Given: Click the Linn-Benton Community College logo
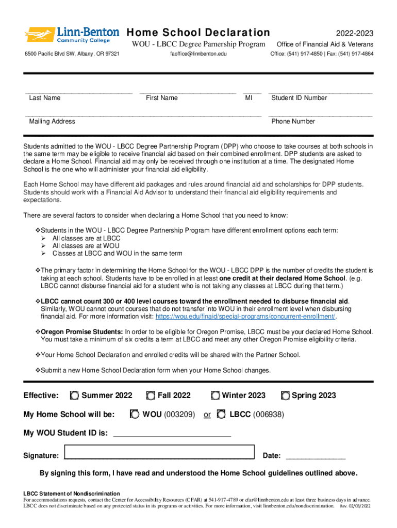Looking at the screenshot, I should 72,35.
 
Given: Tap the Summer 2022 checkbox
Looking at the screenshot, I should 75,395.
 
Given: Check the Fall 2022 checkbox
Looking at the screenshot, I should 151,395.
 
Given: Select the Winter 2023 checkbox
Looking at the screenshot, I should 216,395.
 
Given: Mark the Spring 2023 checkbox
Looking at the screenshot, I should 285,395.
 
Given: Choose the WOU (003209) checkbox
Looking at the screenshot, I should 135,414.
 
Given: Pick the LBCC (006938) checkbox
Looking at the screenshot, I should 221,414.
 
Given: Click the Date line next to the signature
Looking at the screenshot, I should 315,456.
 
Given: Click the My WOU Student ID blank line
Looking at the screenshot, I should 172,434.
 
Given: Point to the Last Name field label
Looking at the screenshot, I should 44,98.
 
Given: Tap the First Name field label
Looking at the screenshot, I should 161,98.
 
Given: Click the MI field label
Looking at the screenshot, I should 249,98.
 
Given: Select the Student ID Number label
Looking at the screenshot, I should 299,98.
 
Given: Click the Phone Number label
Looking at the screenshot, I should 293,122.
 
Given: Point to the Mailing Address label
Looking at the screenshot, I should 52,122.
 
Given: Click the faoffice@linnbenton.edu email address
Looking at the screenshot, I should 198,54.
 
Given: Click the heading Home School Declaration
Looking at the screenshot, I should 198,32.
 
